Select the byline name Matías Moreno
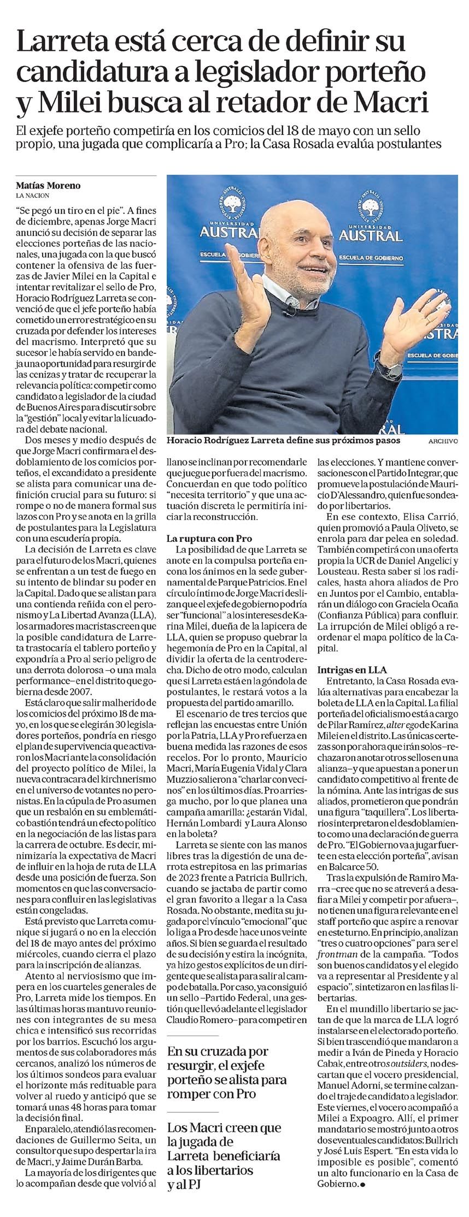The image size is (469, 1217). coord(48,185)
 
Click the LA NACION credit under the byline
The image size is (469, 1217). coord(33,195)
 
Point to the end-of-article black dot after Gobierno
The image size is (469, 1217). coord(361,1182)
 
